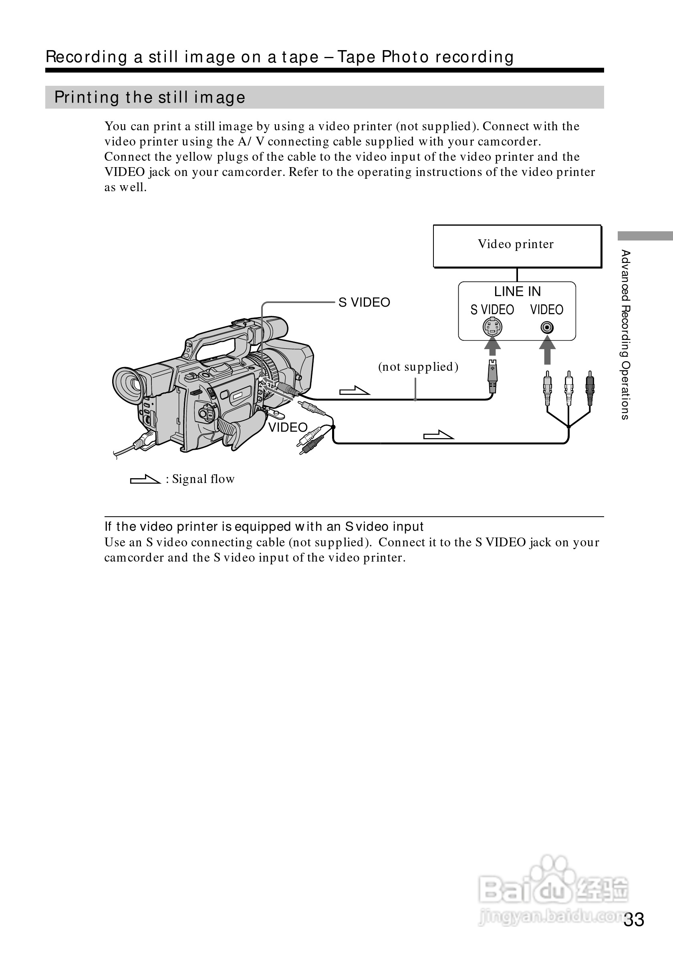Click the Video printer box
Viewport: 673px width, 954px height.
(x=517, y=246)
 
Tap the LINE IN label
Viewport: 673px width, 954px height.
(x=517, y=292)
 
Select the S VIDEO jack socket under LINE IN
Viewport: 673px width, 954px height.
(x=492, y=327)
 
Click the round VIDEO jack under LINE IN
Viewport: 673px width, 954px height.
(x=547, y=328)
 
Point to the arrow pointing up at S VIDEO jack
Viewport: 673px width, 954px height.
(x=492, y=346)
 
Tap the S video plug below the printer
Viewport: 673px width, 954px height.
(x=492, y=376)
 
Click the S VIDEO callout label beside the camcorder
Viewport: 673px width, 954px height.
(x=364, y=303)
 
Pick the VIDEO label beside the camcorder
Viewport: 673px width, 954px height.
(x=288, y=427)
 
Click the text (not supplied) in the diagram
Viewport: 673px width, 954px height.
(x=418, y=366)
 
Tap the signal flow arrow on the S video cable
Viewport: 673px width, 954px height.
(x=354, y=390)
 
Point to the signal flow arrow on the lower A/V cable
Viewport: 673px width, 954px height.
(x=438, y=435)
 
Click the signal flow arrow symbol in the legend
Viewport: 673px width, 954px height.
(x=145, y=479)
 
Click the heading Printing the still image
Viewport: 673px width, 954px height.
(x=150, y=98)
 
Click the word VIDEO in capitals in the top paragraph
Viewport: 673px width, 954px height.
(x=125, y=172)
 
